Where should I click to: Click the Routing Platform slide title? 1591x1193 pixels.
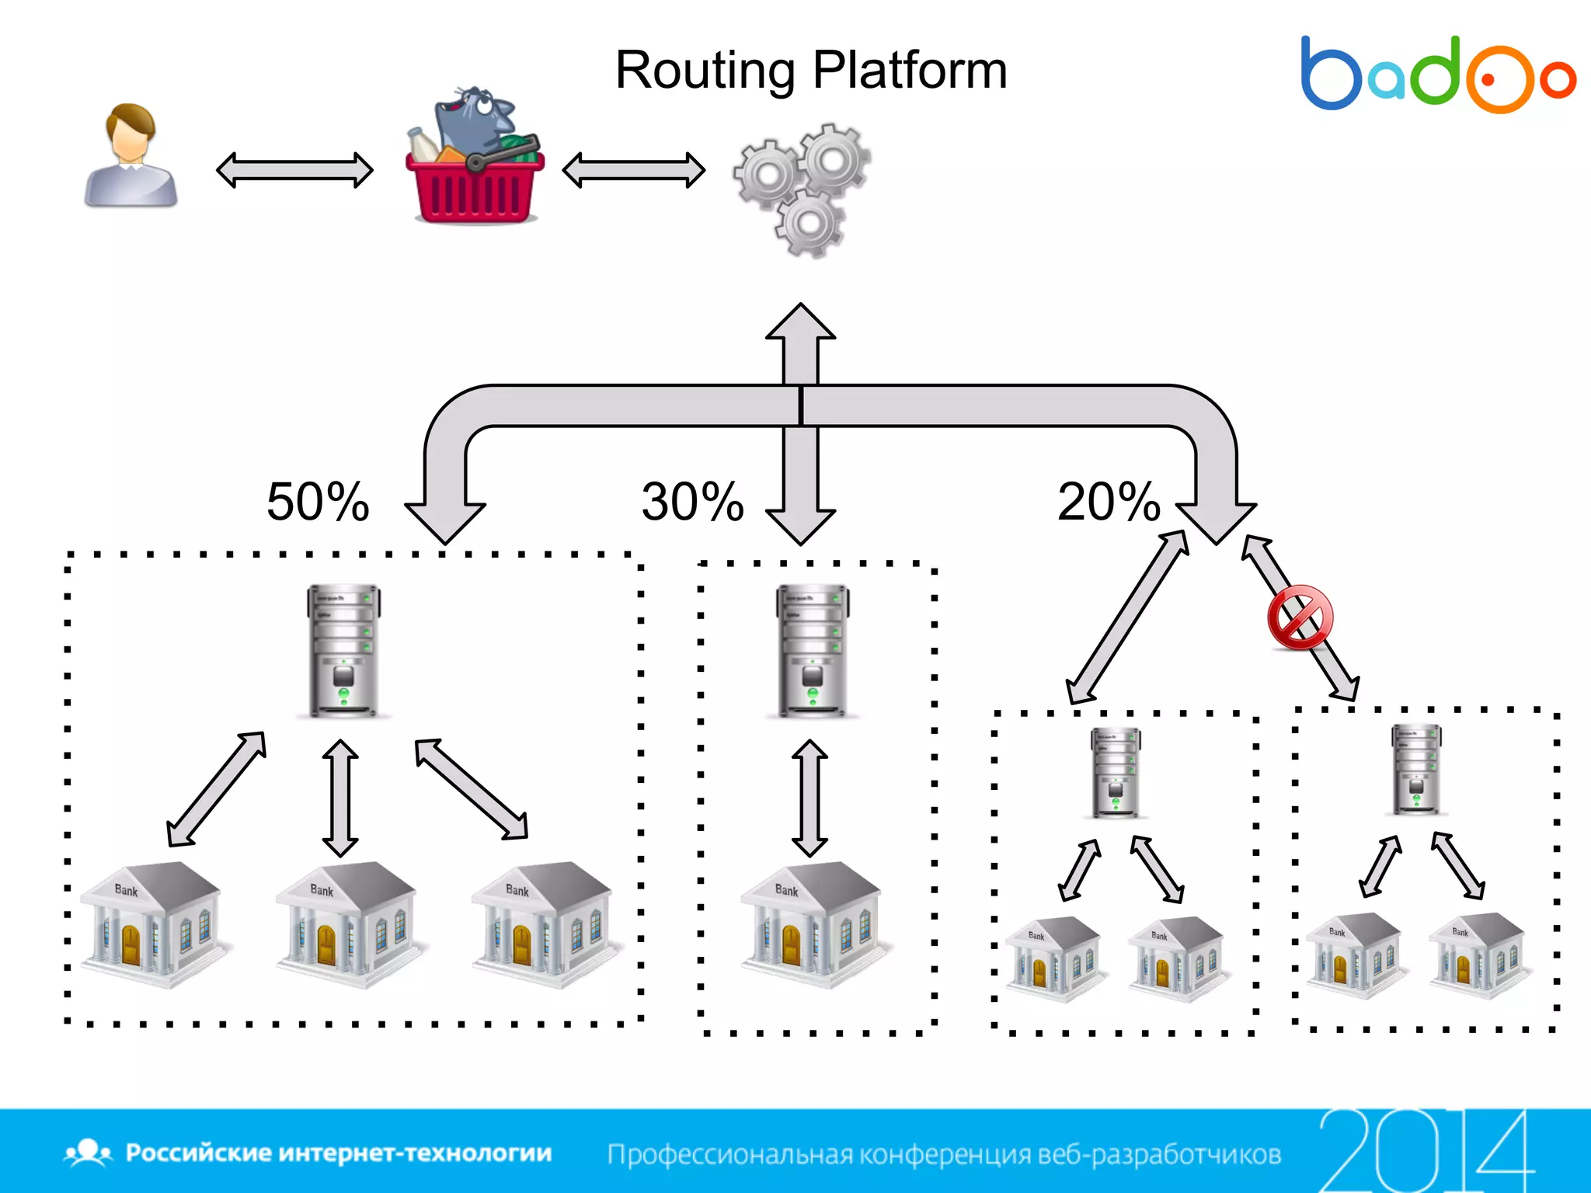(x=811, y=71)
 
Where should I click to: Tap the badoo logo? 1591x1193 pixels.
(x=1437, y=75)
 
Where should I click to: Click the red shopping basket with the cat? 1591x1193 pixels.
(x=474, y=159)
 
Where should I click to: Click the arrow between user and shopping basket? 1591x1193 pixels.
(x=294, y=170)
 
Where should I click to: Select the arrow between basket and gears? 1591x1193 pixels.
(x=633, y=170)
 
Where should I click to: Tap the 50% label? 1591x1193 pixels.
(x=318, y=502)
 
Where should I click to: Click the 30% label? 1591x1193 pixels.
(x=692, y=502)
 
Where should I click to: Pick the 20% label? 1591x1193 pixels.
(x=1109, y=502)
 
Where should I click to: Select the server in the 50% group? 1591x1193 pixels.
(x=343, y=651)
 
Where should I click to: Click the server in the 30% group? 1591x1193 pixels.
(x=813, y=651)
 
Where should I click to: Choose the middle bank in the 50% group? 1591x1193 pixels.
(x=346, y=924)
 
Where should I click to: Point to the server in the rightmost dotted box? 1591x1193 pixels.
(x=1416, y=769)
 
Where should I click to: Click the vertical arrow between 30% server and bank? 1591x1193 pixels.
(x=810, y=798)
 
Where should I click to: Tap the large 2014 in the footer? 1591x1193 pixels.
(x=1426, y=1150)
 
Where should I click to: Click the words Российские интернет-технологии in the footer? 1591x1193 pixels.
(x=339, y=1153)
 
